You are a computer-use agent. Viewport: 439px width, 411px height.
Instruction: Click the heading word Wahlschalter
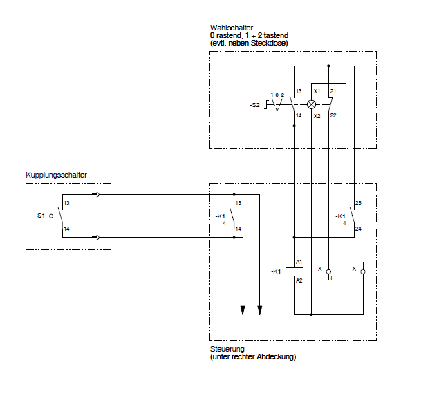[x=232, y=28]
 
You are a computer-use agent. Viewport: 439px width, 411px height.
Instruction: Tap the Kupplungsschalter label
[x=56, y=175]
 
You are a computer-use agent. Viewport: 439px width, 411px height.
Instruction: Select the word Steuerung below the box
[x=227, y=349]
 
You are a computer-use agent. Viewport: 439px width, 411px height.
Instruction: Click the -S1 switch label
[x=40, y=216]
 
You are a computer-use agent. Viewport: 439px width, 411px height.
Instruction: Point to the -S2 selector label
[x=255, y=105]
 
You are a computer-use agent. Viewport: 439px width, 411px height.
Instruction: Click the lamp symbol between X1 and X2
[x=311, y=104]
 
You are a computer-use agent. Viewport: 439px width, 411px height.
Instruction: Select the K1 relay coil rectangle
[x=295, y=271]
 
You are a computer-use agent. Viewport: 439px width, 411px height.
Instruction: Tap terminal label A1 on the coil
[x=299, y=262]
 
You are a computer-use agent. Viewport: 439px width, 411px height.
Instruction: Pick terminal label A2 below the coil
[x=299, y=280]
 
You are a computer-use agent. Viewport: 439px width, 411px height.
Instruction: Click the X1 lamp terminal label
[x=317, y=91]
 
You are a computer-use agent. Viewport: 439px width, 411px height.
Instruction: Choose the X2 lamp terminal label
[x=317, y=116]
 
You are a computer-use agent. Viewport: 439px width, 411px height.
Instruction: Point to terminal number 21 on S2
[x=333, y=91]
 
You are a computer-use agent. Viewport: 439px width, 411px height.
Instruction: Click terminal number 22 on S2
[x=333, y=115]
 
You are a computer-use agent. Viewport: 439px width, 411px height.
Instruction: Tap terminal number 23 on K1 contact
[x=358, y=203]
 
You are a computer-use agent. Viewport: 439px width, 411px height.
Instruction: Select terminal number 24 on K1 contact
[x=358, y=229]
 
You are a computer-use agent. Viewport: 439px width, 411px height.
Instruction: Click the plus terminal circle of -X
[x=328, y=271]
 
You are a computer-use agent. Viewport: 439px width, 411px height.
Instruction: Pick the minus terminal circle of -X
[x=363, y=271]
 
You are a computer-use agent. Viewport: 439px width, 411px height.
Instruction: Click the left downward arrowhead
[x=243, y=310]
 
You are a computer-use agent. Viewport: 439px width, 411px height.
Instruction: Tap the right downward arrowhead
[x=260, y=310]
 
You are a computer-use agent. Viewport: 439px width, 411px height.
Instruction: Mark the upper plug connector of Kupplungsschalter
[x=95, y=195]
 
